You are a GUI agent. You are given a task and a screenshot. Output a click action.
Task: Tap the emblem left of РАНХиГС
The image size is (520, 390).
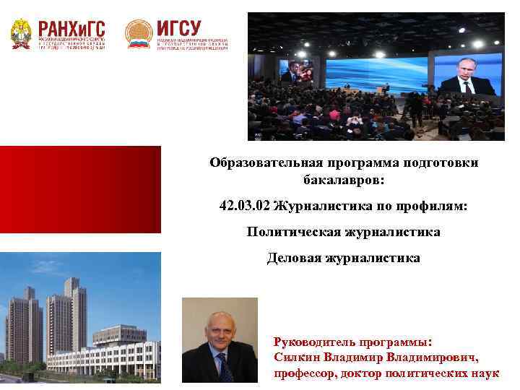pos(20,33)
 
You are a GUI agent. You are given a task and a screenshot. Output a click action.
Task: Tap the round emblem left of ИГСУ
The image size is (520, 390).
pos(138,33)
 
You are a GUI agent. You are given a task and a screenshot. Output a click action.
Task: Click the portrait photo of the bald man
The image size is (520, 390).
pos(219,339)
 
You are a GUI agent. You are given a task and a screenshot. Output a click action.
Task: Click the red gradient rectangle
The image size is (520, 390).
pos(79,189)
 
